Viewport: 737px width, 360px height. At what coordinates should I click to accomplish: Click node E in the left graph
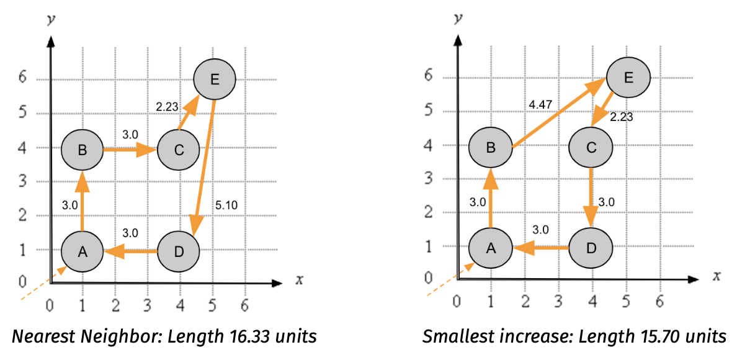215,78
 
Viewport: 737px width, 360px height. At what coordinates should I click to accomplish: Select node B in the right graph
490,147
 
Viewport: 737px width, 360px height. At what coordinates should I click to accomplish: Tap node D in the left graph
179,252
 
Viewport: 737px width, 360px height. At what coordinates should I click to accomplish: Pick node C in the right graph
591,147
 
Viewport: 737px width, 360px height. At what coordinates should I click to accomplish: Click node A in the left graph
82,251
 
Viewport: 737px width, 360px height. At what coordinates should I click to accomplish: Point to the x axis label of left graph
299,280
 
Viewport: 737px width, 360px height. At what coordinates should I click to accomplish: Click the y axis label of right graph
457,18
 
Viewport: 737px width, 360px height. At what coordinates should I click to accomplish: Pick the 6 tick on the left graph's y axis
22,79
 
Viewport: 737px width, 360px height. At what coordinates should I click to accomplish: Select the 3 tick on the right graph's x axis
558,301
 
